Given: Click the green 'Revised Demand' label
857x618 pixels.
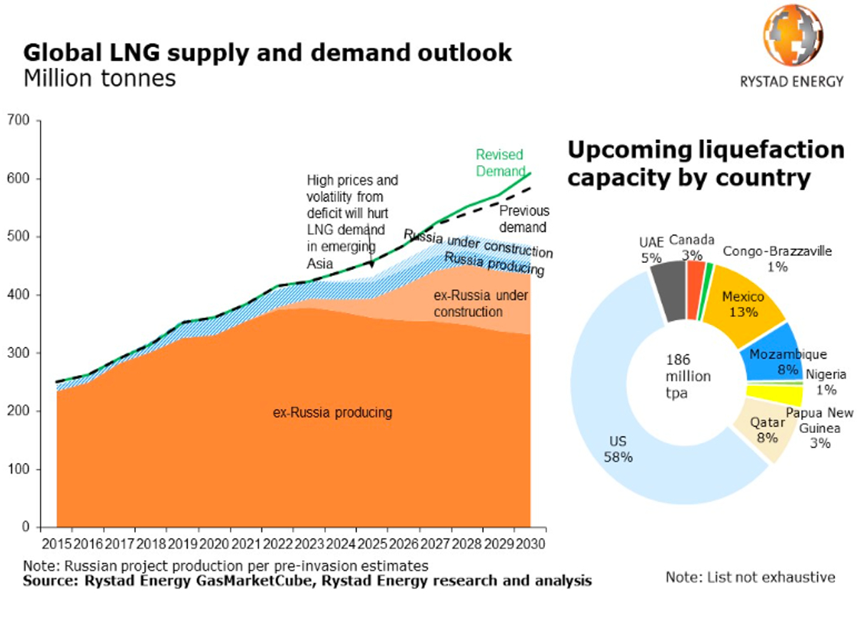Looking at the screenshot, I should click(500, 163).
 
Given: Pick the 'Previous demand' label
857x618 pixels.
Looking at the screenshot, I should click(523, 219).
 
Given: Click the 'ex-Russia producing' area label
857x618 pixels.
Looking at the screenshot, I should click(333, 412).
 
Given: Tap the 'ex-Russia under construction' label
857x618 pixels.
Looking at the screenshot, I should click(468, 303).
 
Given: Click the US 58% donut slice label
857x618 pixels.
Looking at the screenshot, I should click(617, 449).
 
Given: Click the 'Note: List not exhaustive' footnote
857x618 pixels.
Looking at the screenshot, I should click(750, 577).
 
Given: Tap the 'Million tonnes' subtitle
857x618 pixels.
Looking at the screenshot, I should click(99, 78).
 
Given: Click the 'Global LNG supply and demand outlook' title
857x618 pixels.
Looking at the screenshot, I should click(268, 53).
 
